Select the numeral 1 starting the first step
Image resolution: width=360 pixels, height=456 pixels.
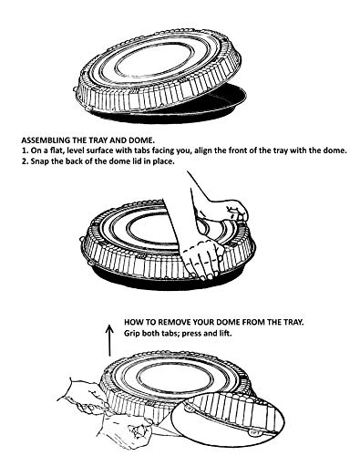coord(25,150)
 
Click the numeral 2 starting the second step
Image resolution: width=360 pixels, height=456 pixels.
coord(25,161)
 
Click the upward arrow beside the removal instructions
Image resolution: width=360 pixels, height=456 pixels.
coord(109,340)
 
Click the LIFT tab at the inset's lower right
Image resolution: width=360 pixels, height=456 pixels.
coord(254,432)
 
